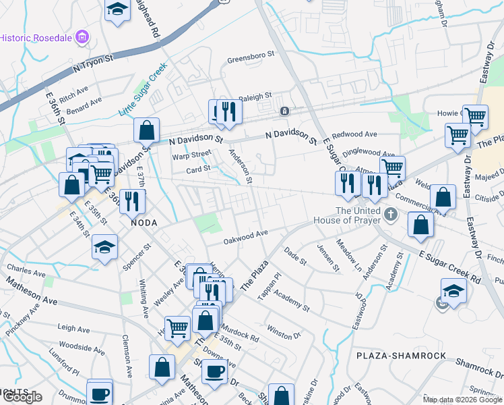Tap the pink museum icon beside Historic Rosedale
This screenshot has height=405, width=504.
pyautogui.click(x=83, y=36)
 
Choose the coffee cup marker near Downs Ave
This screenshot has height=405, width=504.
pyautogui.click(x=214, y=371)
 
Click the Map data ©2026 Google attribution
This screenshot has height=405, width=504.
pyautogui.click(x=462, y=400)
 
